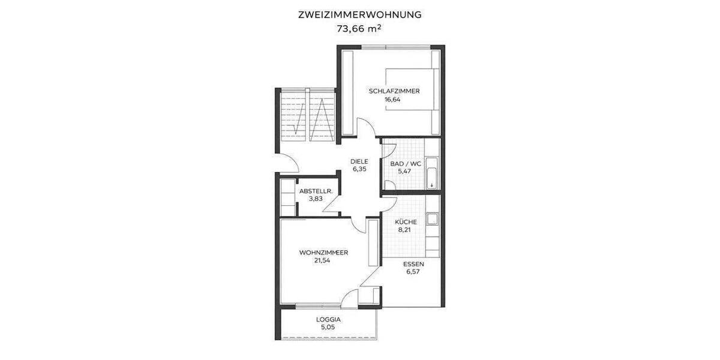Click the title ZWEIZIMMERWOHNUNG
(360, 14)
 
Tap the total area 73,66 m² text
(360, 28)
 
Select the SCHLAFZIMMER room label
(394, 91)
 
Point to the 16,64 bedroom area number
(392, 100)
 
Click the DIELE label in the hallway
(359, 161)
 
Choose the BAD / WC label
(406, 163)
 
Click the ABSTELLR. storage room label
(316, 191)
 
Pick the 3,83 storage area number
(316, 199)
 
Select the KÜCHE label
(406, 222)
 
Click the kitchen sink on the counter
(431, 220)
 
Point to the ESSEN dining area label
(414, 264)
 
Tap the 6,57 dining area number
(414, 272)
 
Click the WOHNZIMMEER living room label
(323, 253)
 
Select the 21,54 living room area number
(322, 260)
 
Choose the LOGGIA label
(328, 319)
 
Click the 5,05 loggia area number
(328, 328)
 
